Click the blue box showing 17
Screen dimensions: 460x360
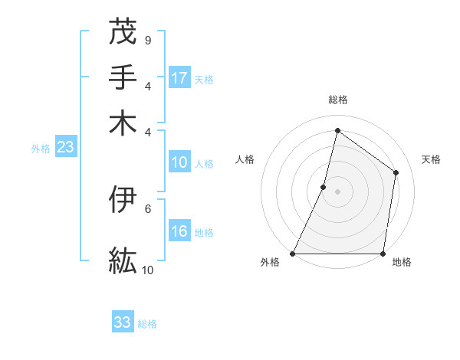point(180,77)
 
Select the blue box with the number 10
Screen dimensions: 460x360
point(179,162)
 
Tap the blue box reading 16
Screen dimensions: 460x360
point(179,231)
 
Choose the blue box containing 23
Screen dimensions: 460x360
point(65,148)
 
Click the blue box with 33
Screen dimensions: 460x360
point(123,322)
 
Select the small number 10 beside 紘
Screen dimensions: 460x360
point(148,270)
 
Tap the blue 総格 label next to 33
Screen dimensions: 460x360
point(147,324)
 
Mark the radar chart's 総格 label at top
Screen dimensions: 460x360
point(337,100)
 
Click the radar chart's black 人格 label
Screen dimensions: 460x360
point(245,159)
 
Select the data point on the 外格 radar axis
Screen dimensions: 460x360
point(293,254)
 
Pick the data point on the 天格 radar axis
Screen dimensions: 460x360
point(396,172)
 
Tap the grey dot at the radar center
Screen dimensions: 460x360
point(337,191)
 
